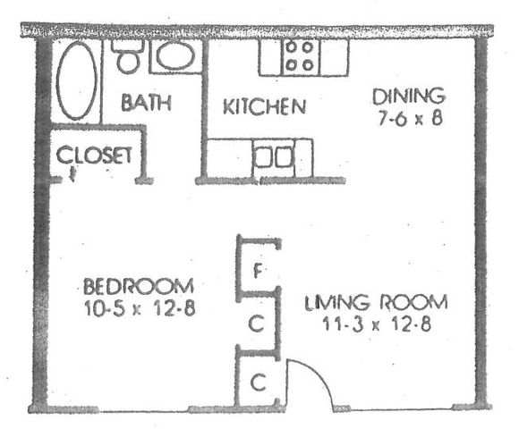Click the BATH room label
click(146, 103)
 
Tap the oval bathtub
click(77, 80)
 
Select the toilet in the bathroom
click(128, 55)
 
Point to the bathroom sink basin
click(175, 55)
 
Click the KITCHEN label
click(264, 106)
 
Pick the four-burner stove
click(300, 56)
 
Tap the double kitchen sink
click(274, 156)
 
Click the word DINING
click(409, 97)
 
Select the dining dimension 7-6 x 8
click(410, 118)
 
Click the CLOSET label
click(94, 155)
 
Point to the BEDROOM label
click(139, 286)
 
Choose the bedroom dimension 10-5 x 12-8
click(140, 308)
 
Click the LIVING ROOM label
click(376, 302)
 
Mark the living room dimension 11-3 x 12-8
click(377, 324)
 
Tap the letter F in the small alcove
click(258, 271)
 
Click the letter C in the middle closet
click(256, 324)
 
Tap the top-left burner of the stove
click(291, 47)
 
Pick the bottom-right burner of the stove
click(308, 65)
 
